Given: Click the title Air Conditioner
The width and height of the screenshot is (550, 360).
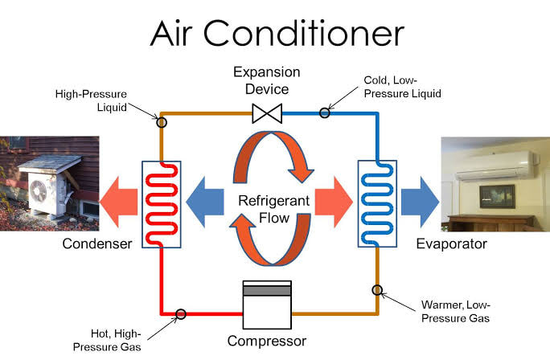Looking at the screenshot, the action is tap(277, 33).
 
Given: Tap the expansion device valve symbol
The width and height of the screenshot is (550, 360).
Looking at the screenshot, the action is tap(267, 113).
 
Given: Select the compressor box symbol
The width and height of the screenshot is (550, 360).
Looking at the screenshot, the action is tap(267, 305).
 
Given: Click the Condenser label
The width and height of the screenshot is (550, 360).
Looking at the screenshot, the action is tap(97, 243).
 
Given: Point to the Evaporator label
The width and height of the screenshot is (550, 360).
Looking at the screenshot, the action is tap(451, 244).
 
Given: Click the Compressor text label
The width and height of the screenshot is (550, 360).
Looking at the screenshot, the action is tap(267, 341).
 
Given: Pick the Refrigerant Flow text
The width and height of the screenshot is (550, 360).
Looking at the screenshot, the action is tap(274, 209).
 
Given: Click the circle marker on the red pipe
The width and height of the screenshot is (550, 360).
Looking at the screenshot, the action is tap(181, 313).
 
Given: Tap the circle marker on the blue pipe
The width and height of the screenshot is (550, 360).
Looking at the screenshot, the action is tap(325, 112).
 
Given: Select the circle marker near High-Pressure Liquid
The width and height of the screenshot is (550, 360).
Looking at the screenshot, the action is tap(162, 122).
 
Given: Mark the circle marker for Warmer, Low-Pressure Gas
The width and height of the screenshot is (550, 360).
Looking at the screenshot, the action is tap(377, 290).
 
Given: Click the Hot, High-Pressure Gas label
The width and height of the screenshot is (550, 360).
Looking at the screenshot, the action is tap(107, 340).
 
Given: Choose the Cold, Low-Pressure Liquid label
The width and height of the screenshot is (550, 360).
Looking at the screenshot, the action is tap(402, 87).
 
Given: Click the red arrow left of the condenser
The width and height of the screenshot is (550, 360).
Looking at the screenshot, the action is tap(118, 202).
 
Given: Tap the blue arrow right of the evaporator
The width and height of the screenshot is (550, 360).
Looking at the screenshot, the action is tap(421, 202).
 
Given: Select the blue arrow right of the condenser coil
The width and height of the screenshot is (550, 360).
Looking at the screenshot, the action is tap(205, 202).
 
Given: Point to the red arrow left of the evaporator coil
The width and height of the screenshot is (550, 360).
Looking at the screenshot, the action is tap(334, 202).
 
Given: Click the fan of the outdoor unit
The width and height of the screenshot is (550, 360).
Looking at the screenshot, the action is tap(39, 191).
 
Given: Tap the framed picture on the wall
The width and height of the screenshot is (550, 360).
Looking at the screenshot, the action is tap(497, 196).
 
